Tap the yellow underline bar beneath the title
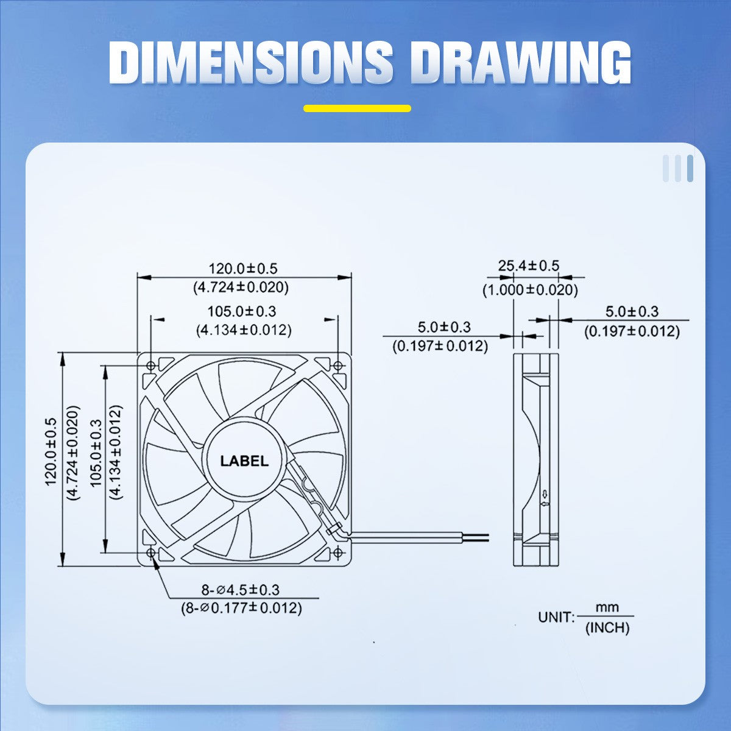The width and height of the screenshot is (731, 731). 358,109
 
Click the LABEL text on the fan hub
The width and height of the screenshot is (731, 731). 244,461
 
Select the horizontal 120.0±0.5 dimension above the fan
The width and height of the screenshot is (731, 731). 242,268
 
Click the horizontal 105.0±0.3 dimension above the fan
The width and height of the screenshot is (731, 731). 242,311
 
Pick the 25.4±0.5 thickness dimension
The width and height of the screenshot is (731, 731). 528,266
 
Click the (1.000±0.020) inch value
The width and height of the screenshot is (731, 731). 530,290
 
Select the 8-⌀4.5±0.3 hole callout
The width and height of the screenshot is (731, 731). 240,590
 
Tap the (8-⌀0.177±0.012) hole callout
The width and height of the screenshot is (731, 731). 241,608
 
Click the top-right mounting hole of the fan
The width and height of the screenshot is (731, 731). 338,365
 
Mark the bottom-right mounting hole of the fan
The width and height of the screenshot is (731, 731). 338,552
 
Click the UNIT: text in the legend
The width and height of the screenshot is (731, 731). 556,617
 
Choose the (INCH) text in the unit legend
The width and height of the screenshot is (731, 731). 607,628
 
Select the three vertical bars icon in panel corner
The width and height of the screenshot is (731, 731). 678,169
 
